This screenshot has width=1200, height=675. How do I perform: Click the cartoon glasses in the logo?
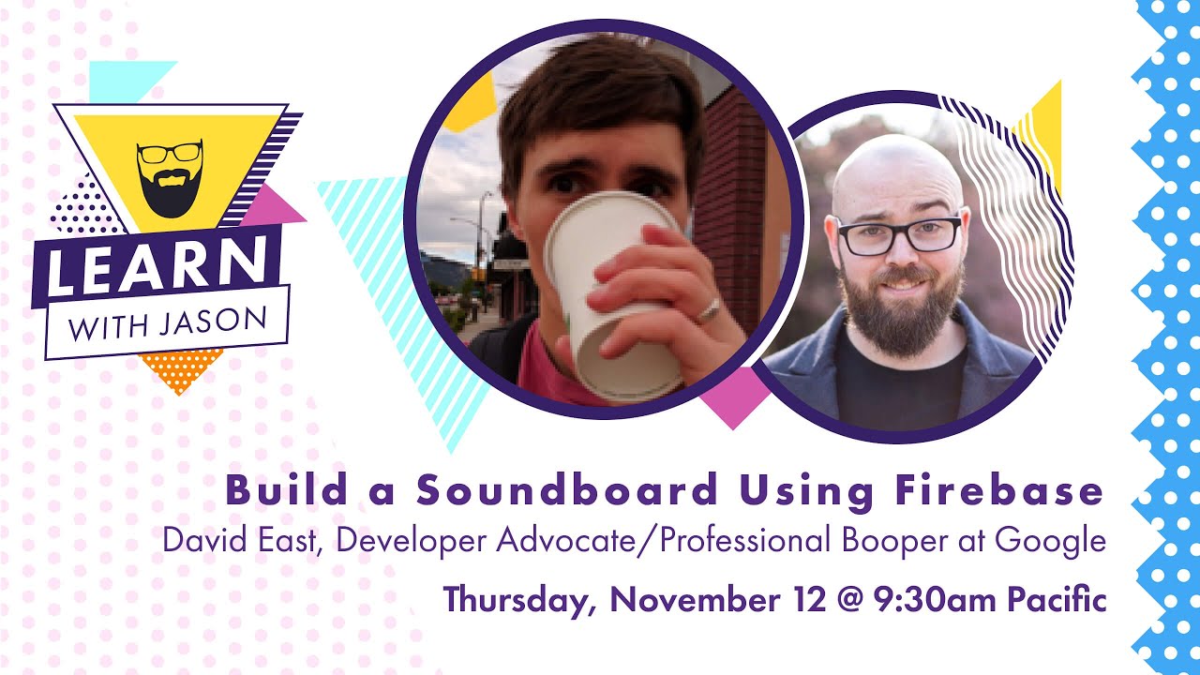tap(169, 153)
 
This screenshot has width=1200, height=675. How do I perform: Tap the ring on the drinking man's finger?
tap(710, 309)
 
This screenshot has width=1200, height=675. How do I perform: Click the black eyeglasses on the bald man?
tap(898, 234)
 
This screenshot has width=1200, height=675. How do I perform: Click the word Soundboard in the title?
tap(567, 490)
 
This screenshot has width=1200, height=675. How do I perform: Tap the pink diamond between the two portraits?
tap(734, 396)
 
